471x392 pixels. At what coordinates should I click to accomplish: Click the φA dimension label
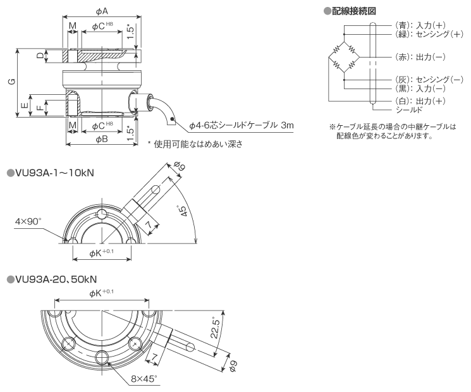coord(102,11)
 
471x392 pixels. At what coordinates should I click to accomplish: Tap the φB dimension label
coord(102,138)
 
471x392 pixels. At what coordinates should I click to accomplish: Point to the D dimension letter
coord(40,56)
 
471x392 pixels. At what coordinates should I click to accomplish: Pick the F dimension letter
coord(39,107)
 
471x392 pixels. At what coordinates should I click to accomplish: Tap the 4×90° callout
coord(28,221)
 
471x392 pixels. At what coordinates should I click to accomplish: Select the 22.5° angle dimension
coord(217,329)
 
